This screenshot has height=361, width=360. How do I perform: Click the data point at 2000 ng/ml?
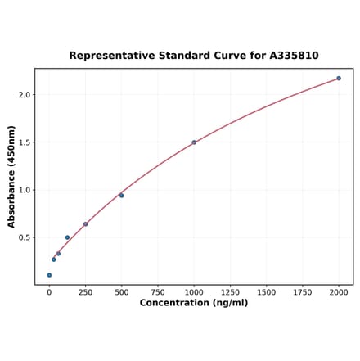click(x=339, y=79)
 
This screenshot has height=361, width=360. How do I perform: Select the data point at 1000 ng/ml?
click(x=194, y=142)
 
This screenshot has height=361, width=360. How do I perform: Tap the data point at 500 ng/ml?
click(x=121, y=196)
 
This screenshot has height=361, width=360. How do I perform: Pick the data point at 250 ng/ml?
click(x=85, y=224)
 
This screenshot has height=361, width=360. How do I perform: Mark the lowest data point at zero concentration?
click(x=49, y=275)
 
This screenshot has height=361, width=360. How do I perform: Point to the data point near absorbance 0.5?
click(x=67, y=237)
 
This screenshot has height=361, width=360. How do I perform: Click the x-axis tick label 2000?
click(x=339, y=292)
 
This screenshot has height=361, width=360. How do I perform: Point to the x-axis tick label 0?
click(x=49, y=292)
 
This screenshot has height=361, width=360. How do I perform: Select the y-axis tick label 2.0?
click(x=25, y=95)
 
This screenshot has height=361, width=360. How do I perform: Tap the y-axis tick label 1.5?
click(x=25, y=142)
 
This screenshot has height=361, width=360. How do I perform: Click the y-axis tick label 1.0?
click(x=25, y=190)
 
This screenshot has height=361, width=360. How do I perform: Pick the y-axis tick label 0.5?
click(x=25, y=238)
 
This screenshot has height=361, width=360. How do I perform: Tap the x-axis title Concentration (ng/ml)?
click(x=194, y=303)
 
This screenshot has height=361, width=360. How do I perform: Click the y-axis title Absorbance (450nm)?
click(x=11, y=177)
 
